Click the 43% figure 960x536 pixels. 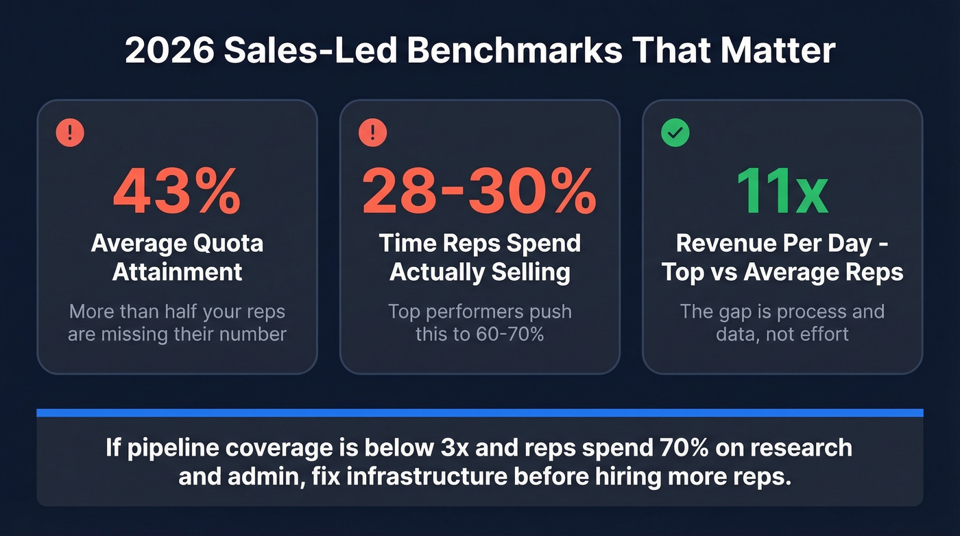177,192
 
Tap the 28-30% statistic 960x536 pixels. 479,192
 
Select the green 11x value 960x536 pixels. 782,192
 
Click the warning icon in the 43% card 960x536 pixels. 70,132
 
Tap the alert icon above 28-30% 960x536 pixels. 372,132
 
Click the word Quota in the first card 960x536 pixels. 227,243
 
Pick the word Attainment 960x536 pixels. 177,272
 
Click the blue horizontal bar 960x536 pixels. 479,412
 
